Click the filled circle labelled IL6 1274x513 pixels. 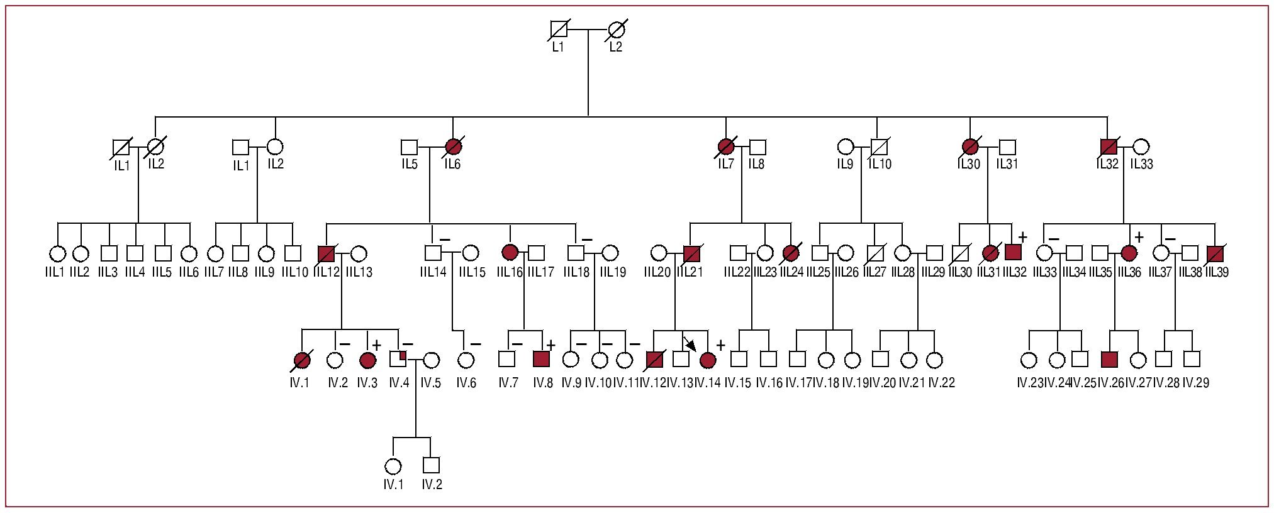[x=453, y=147]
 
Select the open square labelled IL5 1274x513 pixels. [x=410, y=147]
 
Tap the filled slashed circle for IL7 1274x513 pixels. [x=726, y=147]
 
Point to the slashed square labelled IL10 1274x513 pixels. [x=879, y=147]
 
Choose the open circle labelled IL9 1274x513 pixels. [x=846, y=147]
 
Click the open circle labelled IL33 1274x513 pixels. [x=1141, y=147]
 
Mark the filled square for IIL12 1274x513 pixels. [x=326, y=253]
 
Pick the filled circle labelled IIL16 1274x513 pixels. [x=510, y=253]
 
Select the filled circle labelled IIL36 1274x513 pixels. [x=1129, y=253]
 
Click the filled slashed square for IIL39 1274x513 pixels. [x=1215, y=253]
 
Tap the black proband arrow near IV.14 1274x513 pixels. [x=690, y=345]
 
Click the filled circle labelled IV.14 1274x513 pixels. [x=708, y=360]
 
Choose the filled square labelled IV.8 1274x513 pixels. [x=542, y=359]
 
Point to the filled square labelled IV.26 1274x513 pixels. [x=1110, y=360]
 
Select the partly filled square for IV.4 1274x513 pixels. [x=398, y=359]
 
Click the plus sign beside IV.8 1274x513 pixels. [x=550, y=345]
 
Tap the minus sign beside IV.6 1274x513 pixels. [x=475, y=344]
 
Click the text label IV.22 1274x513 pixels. [x=941, y=382]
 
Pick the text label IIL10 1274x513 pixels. [x=294, y=272]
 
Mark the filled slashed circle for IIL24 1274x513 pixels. [x=791, y=253]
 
